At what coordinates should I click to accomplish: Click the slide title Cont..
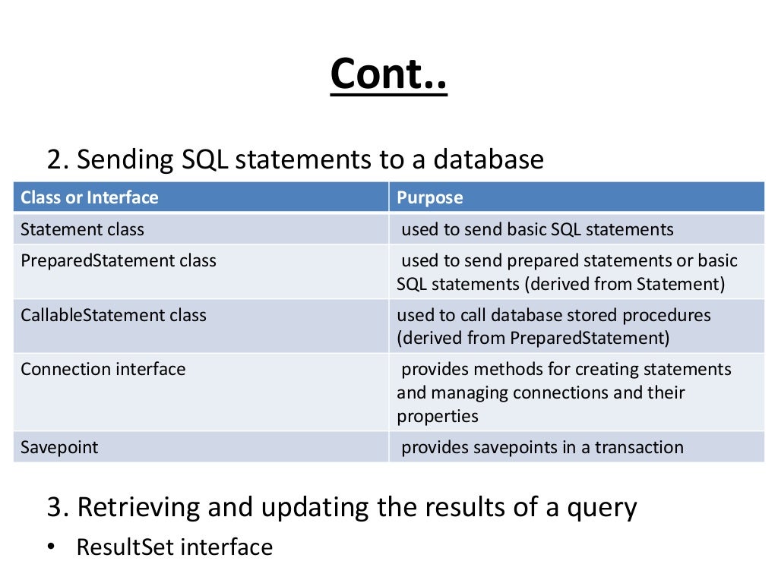(388, 74)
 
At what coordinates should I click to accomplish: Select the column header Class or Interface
(90, 198)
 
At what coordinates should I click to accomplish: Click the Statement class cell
(82, 229)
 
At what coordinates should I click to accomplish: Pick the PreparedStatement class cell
(119, 261)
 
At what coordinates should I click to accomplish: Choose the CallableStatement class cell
(113, 315)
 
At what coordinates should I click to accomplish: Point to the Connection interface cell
(103, 370)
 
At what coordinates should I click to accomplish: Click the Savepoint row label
(59, 447)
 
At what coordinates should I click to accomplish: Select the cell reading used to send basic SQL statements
(537, 229)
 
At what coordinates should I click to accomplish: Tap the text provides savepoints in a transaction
(542, 447)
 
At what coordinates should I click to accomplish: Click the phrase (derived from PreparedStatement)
(533, 338)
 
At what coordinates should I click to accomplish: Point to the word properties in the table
(438, 416)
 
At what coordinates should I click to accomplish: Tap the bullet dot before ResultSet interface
(50, 547)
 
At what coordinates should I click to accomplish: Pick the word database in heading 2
(489, 159)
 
